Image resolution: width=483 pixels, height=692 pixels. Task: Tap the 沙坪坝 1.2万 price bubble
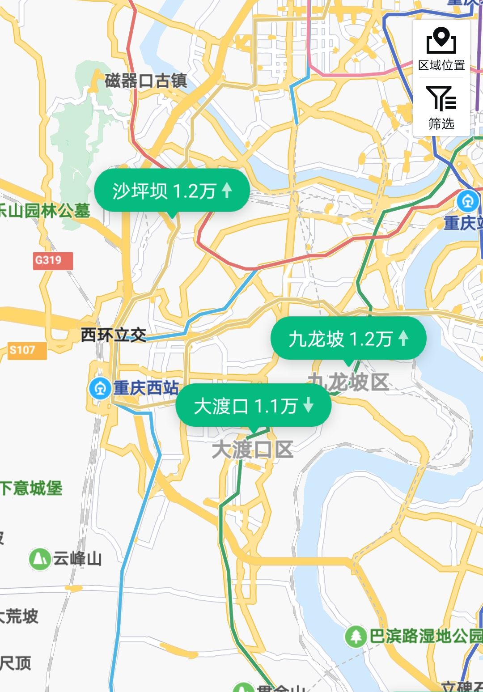(x=171, y=191)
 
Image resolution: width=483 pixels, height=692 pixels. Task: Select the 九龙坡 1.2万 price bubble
(x=348, y=339)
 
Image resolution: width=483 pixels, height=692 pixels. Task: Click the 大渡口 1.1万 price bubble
(x=253, y=406)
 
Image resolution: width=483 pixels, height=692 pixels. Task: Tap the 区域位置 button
(x=441, y=49)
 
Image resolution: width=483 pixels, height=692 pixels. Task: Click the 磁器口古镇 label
(x=146, y=81)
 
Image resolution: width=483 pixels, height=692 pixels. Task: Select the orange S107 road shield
(x=27, y=350)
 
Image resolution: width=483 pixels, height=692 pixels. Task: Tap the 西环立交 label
(x=114, y=335)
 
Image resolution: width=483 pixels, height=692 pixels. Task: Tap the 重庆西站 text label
(x=146, y=388)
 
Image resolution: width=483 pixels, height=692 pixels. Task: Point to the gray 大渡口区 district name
(x=252, y=450)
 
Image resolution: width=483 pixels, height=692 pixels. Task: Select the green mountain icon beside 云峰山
(x=40, y=559)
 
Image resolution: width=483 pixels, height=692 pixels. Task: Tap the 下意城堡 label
(x=31, y=488)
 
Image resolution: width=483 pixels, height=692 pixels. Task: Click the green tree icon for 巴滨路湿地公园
(x=356, y=636)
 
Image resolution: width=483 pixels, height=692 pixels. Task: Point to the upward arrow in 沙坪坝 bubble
(x=227, y=190)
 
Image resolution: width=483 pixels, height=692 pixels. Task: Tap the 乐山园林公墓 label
(x=45, y=211)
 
